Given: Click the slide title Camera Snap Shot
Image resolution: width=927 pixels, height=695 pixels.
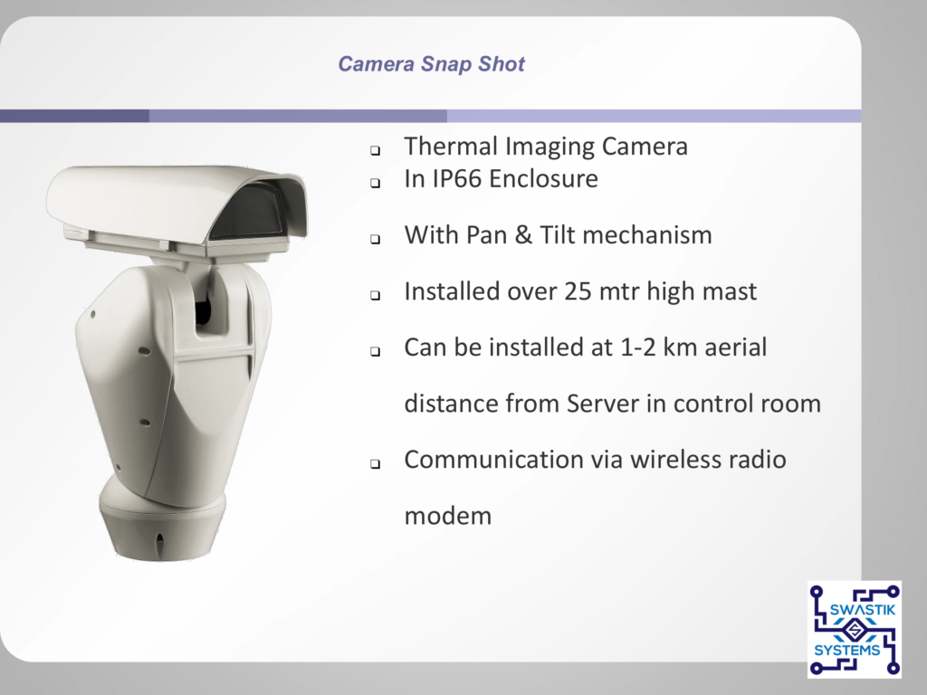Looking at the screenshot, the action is click(432, 64).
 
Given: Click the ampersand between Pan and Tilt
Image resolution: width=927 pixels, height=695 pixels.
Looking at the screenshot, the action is click(523, 235).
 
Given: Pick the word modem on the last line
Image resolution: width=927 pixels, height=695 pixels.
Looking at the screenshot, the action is click(447, 516).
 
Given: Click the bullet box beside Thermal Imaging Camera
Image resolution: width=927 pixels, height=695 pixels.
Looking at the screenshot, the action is click(375, 151).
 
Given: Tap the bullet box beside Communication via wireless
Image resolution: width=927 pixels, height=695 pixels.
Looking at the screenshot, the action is click(375, 464).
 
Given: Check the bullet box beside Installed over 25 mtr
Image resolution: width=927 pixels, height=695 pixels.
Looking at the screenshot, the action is click(375, 296).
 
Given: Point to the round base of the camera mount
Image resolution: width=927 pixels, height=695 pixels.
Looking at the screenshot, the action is click(161, 520).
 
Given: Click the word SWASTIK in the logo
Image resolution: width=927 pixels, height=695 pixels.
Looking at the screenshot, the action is click(863, 610).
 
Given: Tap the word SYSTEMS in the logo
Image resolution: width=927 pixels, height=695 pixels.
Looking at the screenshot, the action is click(847, 651).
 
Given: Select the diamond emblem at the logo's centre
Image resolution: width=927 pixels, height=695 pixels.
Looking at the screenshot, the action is click(853, 631).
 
